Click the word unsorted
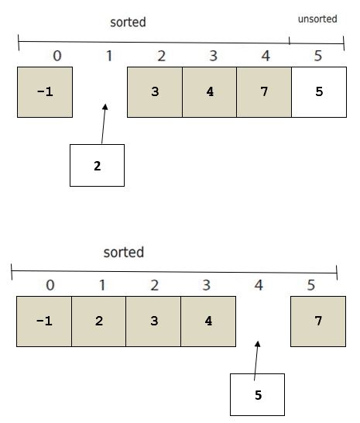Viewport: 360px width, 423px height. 317,19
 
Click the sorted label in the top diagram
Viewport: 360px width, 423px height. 128,22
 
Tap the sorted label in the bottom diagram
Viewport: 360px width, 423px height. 124,253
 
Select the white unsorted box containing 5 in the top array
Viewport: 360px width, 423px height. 319,92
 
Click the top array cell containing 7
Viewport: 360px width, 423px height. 264,92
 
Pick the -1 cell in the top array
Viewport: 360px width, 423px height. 45,92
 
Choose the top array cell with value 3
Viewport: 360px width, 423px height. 155,92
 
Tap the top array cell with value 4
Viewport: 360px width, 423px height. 210,92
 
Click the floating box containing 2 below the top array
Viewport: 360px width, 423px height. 97,165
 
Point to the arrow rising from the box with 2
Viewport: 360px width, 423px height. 104,124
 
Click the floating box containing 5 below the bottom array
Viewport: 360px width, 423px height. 257,394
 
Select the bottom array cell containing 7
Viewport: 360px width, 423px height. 318,322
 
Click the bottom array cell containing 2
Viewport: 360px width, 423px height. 98,322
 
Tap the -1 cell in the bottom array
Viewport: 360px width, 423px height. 44,322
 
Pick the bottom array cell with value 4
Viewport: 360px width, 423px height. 208,322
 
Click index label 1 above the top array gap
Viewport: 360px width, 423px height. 109,56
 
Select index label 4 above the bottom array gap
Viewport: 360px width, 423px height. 259,285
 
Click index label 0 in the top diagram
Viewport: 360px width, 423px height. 57,56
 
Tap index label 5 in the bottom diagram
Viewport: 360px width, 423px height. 311,285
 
